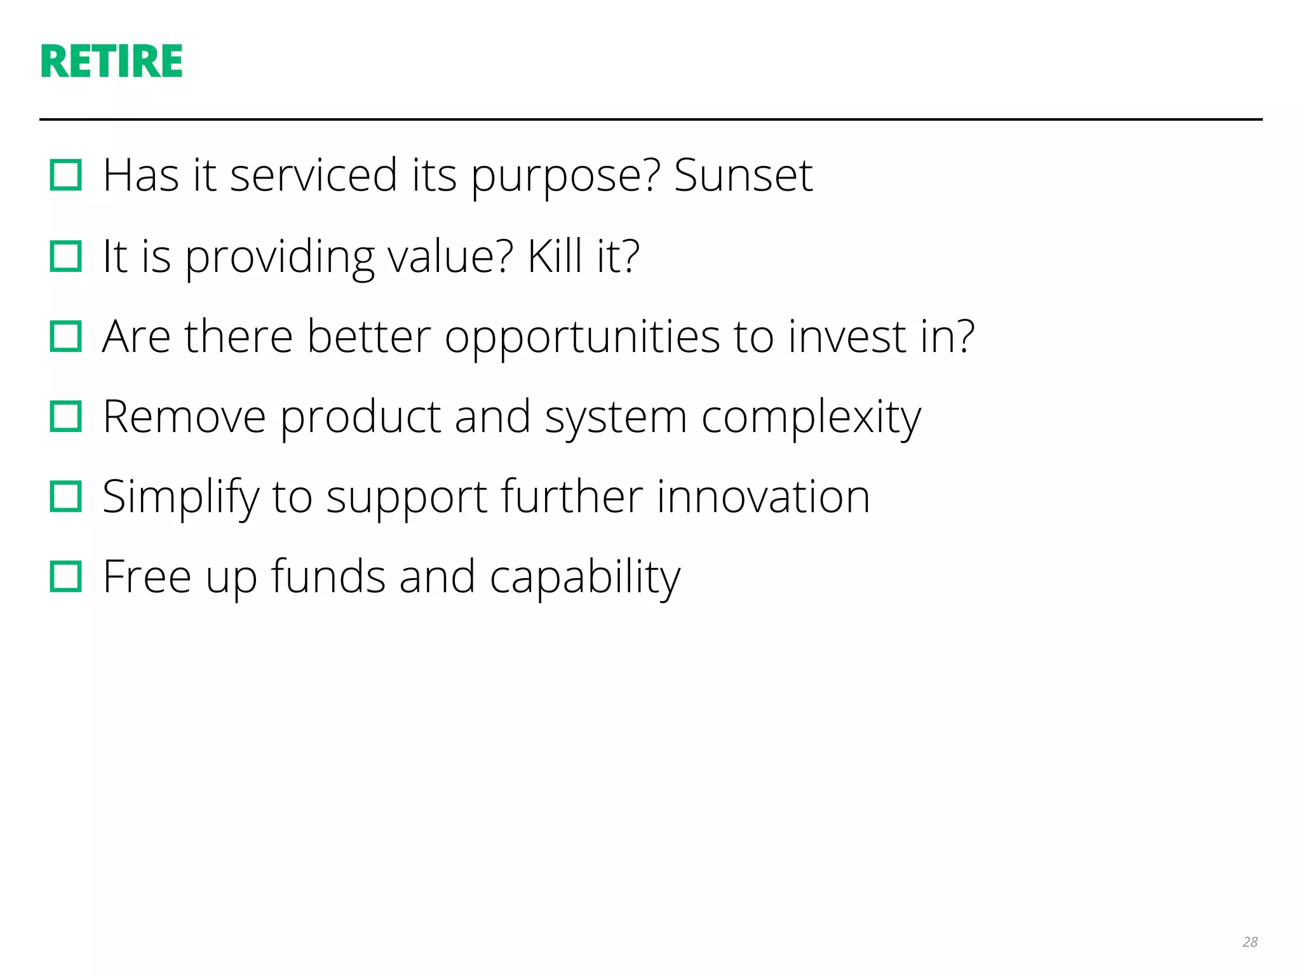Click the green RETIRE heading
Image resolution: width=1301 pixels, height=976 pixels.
coord(111,62)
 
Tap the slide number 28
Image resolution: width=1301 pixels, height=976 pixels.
coord(1250,942)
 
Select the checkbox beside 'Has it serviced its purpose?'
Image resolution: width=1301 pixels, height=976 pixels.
coord(66,175)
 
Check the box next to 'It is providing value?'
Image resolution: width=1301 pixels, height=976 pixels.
coord(66,256)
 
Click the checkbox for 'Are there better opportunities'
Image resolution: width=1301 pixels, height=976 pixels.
coord(66,336)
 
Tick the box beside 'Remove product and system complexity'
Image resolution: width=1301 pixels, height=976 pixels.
coord(66,417)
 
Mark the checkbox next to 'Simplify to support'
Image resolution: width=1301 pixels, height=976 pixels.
coord(66,497)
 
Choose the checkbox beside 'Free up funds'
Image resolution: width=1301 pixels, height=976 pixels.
coord(66,577)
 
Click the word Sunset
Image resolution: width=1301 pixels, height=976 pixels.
coord(743,175)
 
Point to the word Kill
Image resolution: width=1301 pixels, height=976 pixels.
coord(555,256)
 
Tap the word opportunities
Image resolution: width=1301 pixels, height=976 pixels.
coord(582,337)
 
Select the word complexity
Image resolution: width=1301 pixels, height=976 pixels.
coord(811,418)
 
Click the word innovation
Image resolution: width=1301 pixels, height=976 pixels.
coord(763,497)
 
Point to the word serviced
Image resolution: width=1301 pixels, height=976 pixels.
coord(313,175)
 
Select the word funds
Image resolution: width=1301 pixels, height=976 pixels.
coord(328,577)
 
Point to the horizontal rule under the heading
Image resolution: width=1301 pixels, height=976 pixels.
coord(650,119)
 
